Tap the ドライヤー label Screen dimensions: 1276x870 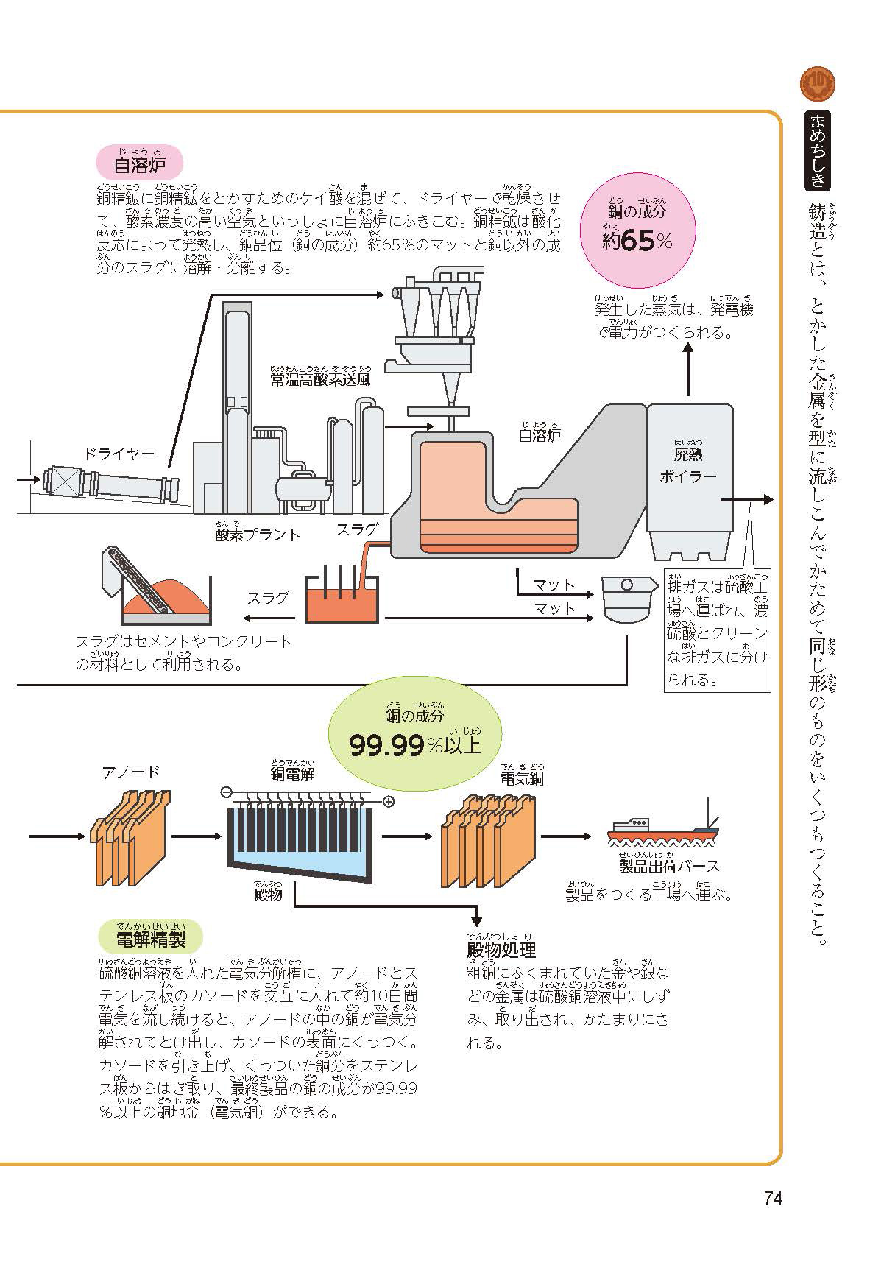click(x=119, y=454)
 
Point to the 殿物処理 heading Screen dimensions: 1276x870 click(x=501, y=948)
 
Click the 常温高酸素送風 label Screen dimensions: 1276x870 click(x=320, y=380)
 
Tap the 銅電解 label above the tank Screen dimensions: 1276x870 click(x=292, y=773)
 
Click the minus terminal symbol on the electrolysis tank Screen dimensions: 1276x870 click(x=226, y=792)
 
